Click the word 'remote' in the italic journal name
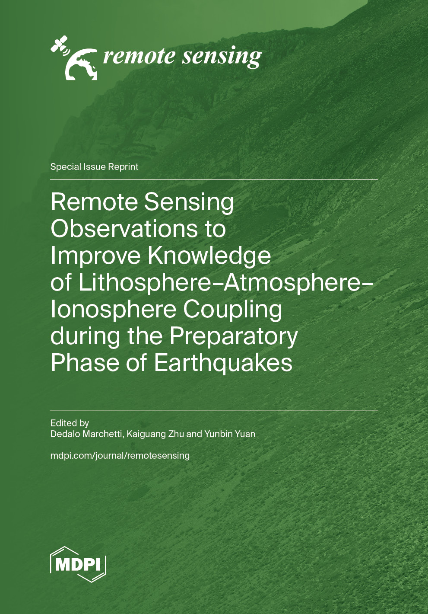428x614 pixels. pyautogui.click(x=139, y=56)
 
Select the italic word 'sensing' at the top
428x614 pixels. pyautogui.click(x=222, y=57)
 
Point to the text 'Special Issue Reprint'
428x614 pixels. pyautogui.click(x=94, y=167)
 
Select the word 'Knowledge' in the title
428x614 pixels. pyautogui.click(x=209, y=256)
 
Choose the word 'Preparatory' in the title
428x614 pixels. pyautogui.click(x=234, y=336)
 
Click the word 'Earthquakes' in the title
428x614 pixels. pyautogui.click(x=223, y=363)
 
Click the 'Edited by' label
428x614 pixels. pyautogui.click(x=70, y=423)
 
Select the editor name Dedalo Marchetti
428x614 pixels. pyautogui.click(x=86, y=434)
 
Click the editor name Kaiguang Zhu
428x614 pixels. pyautogui.click(x=155, y=434)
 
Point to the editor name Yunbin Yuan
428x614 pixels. pyautogui.click(x=230, y=434)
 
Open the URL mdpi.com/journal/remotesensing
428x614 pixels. pyautogui.click(x=120, y=456)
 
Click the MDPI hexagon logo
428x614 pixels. pyautogui.click(x=78, y=564)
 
